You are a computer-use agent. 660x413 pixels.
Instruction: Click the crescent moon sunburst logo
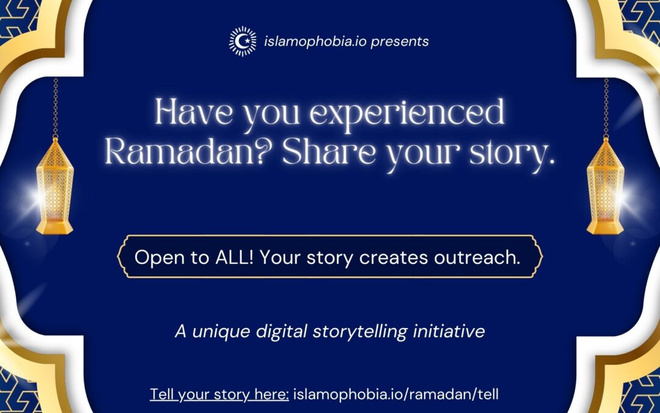point(243,42)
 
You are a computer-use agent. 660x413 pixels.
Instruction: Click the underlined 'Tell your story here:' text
point(219,395)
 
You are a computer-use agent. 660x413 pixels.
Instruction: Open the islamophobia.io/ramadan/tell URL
point(396,395)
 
